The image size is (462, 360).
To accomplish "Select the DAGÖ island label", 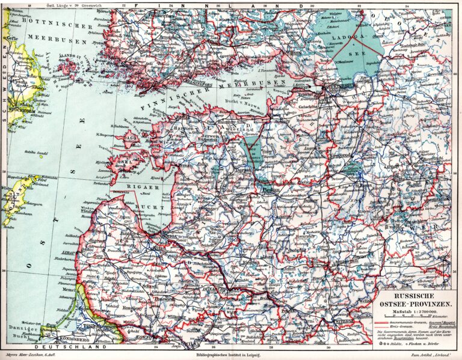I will pyautogui.click(x=131, y=138).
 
